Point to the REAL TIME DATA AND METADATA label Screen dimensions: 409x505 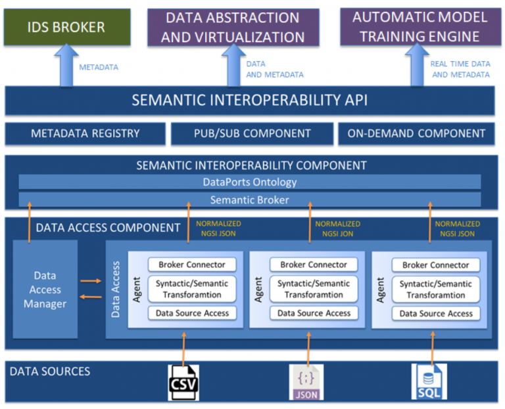coord(460,69)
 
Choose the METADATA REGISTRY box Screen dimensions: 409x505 coord(85,133)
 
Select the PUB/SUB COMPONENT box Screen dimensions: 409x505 coord(252,133)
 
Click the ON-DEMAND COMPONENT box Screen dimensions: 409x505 coord(417,133)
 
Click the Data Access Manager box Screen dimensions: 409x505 coord(45,290)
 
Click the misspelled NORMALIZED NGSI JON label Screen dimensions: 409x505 coord(335,228)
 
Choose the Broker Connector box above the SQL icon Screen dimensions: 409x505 coord(435,265)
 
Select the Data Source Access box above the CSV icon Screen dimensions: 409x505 coord(192,313)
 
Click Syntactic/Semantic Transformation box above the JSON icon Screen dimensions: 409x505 coord(314,289)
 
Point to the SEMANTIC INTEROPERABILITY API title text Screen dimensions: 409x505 coord(249,100)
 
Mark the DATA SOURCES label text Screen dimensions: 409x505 coord(50,372)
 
